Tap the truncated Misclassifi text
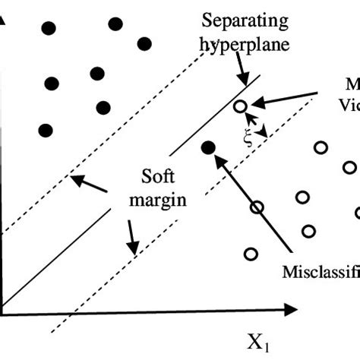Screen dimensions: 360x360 click(320, 271)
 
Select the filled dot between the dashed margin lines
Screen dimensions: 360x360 click(208, 147)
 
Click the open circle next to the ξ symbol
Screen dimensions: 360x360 click(240, 107)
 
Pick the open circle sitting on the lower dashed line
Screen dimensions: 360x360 click(257, 207)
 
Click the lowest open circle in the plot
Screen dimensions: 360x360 click(251, 254)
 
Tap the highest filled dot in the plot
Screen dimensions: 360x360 click(115, 24)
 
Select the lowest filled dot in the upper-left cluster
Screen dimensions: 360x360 click(45, 130)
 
